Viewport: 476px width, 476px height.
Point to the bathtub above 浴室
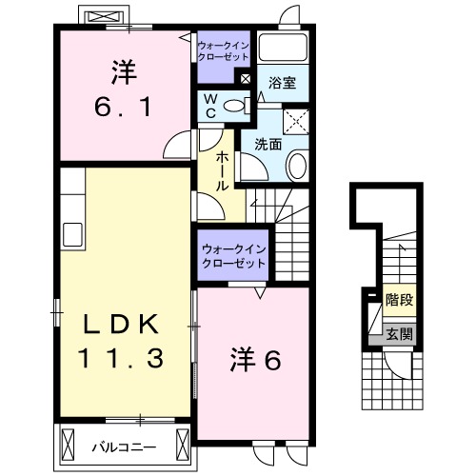click(282, 51)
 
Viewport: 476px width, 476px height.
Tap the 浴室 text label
click(282, 84)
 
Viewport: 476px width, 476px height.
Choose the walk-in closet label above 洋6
click(233, 255)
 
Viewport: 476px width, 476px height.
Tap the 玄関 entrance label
click(399, 333)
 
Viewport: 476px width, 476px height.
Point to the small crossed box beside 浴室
click(248, 79)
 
